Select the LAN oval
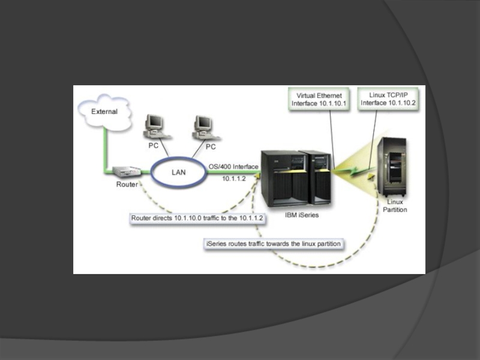click(x=178, y=172)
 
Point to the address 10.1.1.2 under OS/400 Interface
click(x=234, y=178)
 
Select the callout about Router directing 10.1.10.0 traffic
click(x=199, y=218)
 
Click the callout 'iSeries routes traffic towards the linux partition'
click(x=274, y=244)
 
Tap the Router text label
click(x=127, y=184)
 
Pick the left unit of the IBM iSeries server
click(x=281, y=176)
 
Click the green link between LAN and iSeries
click(x=231, y=172)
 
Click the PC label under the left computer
click(x=154, y=146)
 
